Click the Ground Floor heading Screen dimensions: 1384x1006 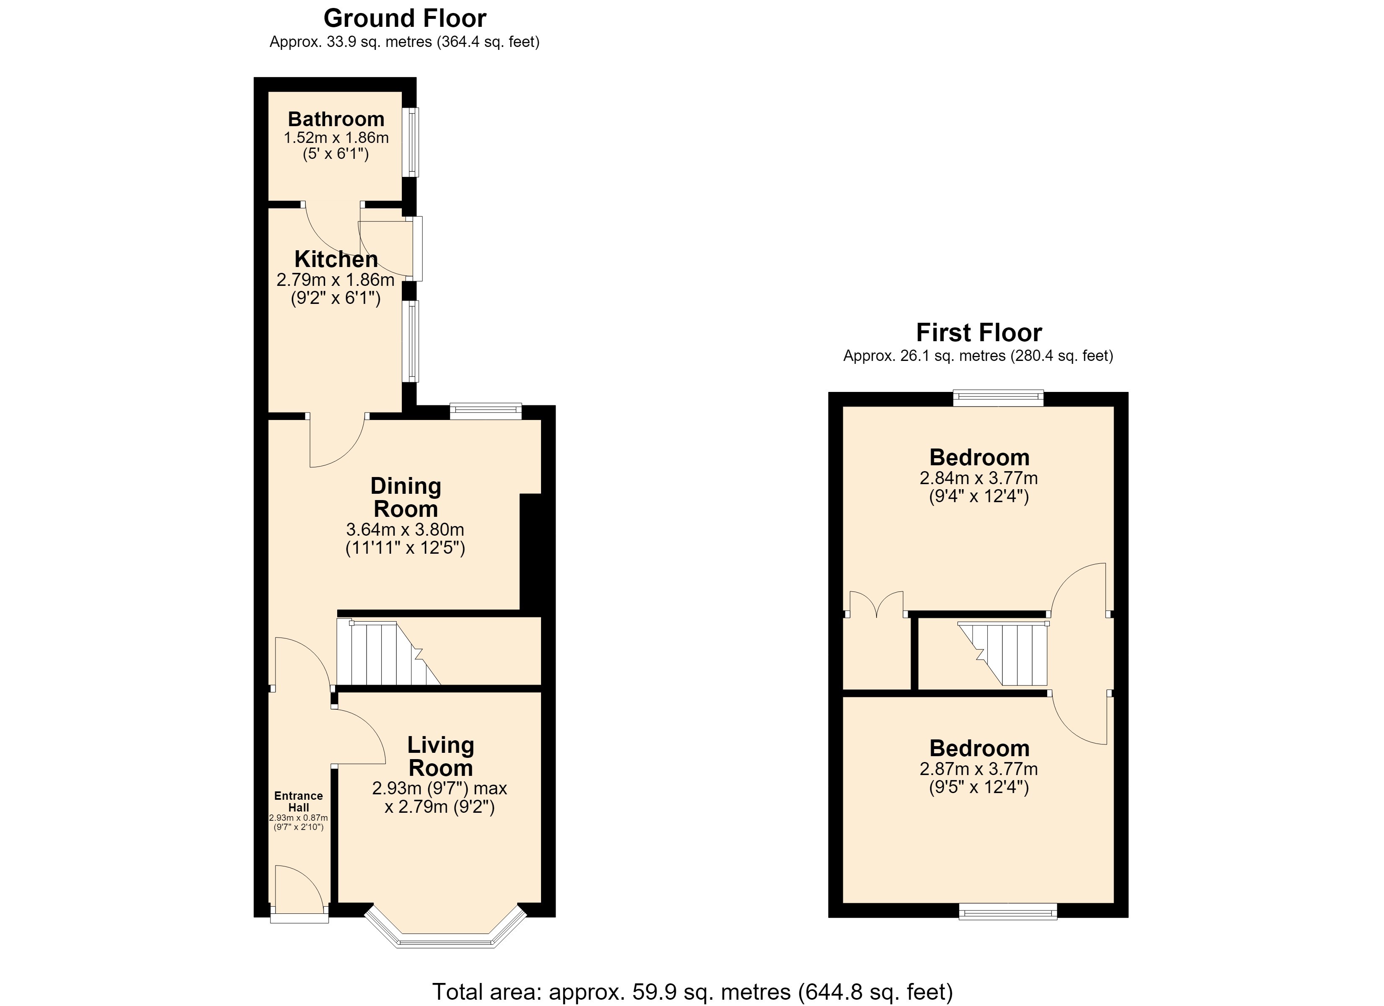[x=405, y=19]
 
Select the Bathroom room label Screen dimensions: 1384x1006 [x=336, y=119]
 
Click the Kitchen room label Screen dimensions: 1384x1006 [x=336, y=259]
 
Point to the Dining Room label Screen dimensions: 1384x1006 [x=406, y=497]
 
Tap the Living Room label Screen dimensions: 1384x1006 [x=441, y=757]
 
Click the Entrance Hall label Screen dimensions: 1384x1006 [x=299, y=801]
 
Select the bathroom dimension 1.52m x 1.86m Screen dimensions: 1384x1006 [x=336, y=138]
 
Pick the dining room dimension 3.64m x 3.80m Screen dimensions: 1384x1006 [x=405, y=529]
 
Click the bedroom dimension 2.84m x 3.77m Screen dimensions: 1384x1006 [x=979, y=478]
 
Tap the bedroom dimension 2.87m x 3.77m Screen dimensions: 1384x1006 [x=979, y=769]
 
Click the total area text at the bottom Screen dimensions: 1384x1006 [x=692, y=992]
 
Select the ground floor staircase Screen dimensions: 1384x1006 [x=389, y=653]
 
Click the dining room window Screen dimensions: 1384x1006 [x=486, y=411]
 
